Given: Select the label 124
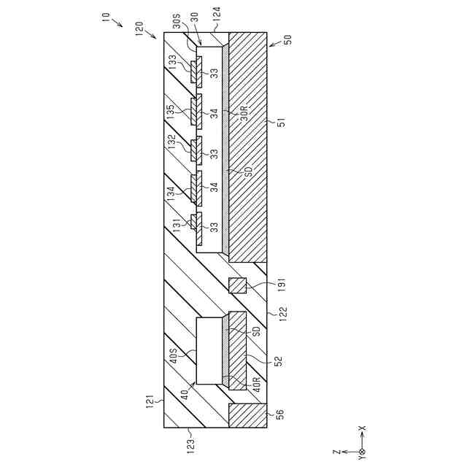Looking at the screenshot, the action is coord(217,12).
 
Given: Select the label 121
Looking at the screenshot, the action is coord(150,400).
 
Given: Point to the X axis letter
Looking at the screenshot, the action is coord(363,429).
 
